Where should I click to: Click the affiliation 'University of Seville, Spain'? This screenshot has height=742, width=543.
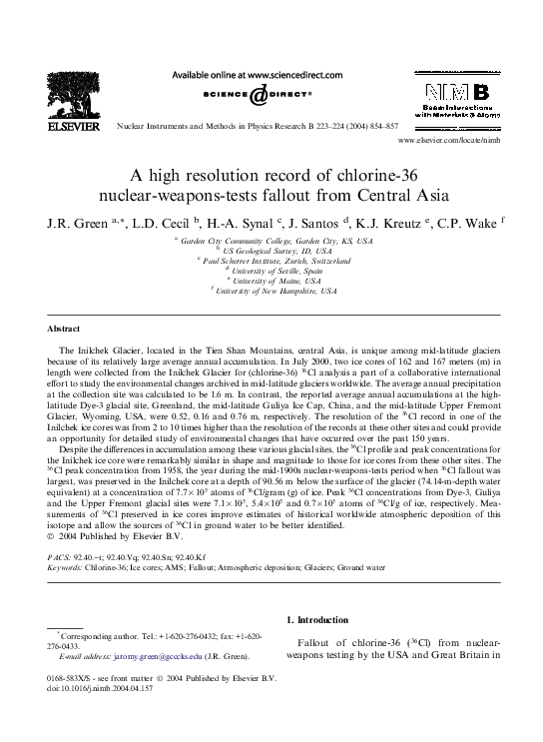pyautogui.click(x=276, y=270)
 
